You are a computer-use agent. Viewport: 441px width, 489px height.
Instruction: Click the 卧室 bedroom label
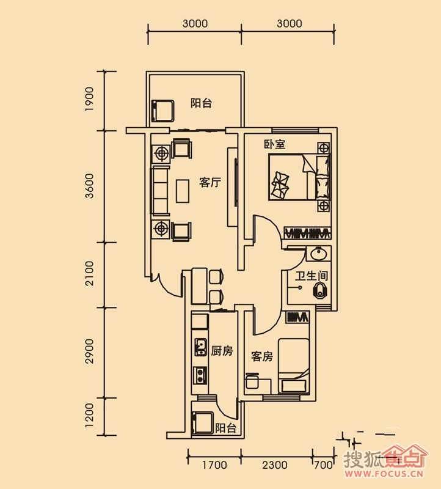tap(275, 144)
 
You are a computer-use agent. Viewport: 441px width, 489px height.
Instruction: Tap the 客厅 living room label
tap(210, 182)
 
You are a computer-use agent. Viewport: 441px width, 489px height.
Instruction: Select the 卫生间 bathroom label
tap(312, 276)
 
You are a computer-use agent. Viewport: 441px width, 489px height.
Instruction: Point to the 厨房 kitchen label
tap(222, 351)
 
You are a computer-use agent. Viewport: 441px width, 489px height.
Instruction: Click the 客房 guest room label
tap(262, 356)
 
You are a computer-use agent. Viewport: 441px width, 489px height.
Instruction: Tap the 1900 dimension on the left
tap(89, 99)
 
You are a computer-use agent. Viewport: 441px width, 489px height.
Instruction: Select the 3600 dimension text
tap(89, 186)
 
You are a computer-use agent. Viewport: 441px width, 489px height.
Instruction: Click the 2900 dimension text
tap(89, 351)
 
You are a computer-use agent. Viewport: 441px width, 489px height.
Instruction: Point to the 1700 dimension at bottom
tap(214, 465)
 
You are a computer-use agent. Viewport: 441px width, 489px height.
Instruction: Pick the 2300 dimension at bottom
tap(275, 465)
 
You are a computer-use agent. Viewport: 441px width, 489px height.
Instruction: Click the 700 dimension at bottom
tap(323, 465)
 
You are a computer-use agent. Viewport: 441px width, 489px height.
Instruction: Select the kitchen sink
tap(200, 347)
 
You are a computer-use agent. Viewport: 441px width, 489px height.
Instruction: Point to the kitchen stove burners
tap(200, 375)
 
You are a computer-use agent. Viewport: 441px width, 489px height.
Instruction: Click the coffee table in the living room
tap(183, 191)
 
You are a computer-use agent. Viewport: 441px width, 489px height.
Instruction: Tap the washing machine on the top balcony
tap(162, 111)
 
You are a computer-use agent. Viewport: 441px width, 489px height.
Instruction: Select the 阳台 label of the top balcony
tap(202, 103)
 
